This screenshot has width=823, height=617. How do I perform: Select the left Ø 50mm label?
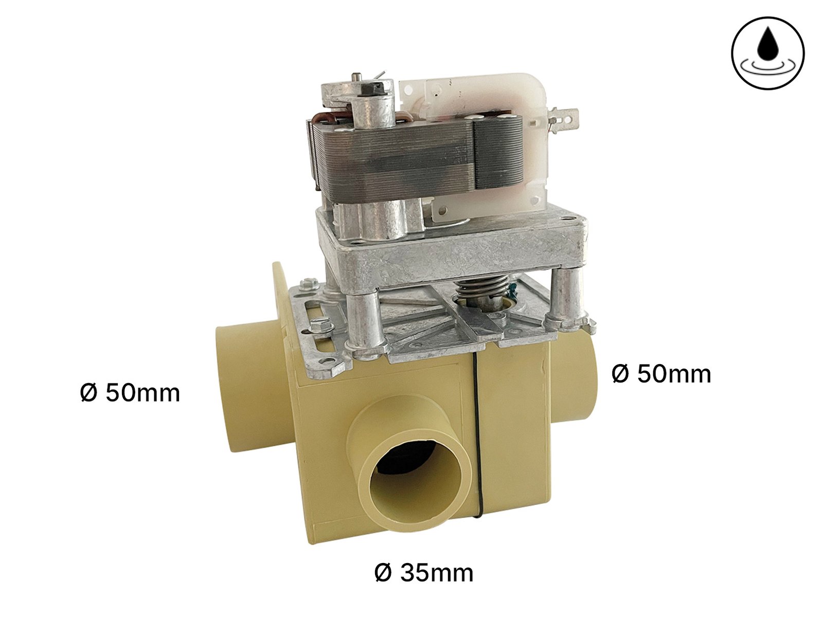pos(130,393)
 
